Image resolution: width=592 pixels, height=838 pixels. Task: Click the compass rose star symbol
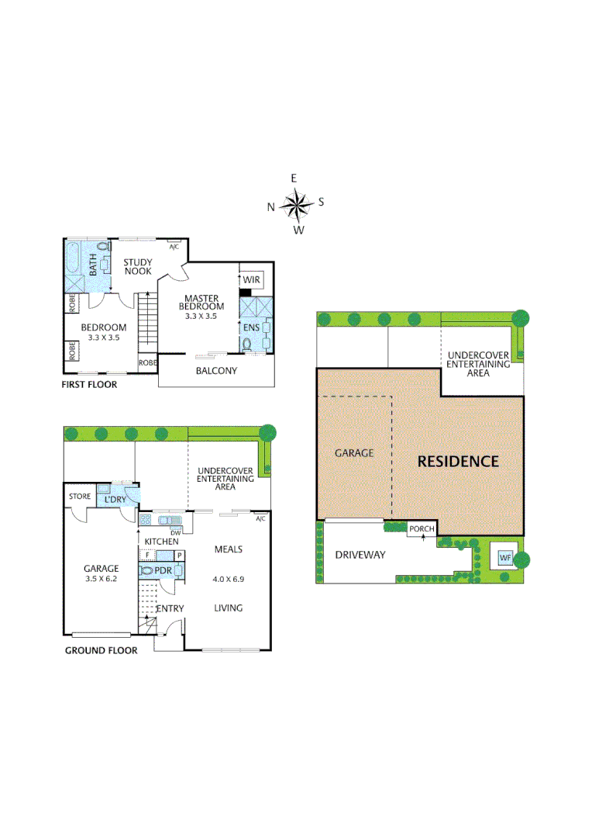pyautogui.click(x=295, y=205)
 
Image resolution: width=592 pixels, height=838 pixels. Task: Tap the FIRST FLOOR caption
pyautogui.click(x=89, y=385)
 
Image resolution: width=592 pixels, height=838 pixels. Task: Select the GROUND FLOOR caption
pyautogui.click(x=101, y=650)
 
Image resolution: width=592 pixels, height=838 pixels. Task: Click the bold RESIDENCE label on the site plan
pyautogui.click(x=458, y=461)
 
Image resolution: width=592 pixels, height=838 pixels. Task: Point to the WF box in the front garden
pyautogui.click(x=505, y=557)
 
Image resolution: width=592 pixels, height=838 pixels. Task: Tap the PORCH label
pyautogui.click(x=422, y=529)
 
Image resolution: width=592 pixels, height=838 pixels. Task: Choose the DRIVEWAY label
pyautogui.click(x=360, y=555)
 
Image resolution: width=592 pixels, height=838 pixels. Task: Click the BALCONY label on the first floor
pyautogui.click(x=216, y=371)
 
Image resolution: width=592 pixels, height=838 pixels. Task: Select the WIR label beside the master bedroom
pyautogui.click(x=252, y=279)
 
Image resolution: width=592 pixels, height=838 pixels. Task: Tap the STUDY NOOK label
pyautogui.click(x=138, y=267)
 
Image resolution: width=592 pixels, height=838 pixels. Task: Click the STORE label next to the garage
pyautogui.click(x=80, y=497)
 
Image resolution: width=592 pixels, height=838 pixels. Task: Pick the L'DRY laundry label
pyautogui.click(x=115, y=499)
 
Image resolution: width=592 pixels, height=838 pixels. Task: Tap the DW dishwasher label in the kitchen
pyautogui.click(x=175, y=532)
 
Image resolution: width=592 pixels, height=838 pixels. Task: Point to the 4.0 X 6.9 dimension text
pyautogui.click(x=228, y=578)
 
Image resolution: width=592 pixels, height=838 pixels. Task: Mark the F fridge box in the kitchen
pyautogui.click(x=147, y=556)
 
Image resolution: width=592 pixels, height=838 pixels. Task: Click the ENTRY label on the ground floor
pyautogui.click(x=170, y=608)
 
